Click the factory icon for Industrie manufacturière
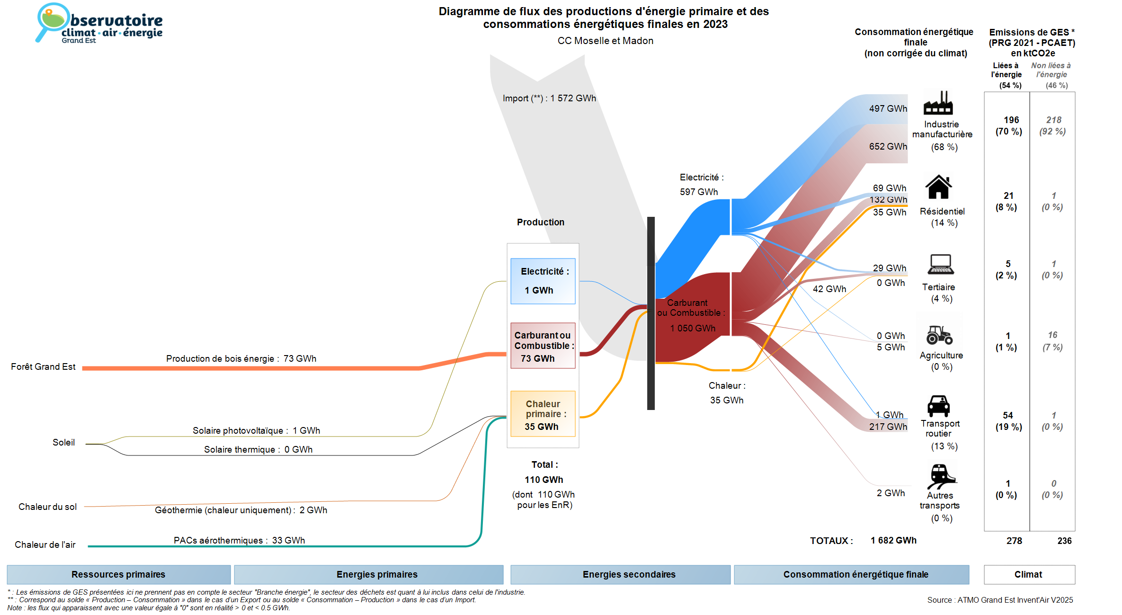point(938,103)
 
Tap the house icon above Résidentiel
point(938,187)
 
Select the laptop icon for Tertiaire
point(941,264)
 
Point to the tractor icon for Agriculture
point(939,335)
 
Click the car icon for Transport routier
point(938,406)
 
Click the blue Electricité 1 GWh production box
point(543,281)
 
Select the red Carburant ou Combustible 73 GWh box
point(543,346)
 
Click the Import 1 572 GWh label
point(549,98)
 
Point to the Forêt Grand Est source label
point(43,367)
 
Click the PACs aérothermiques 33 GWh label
point(239,541)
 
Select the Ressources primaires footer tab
point(118,575)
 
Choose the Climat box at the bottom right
point(1029,575)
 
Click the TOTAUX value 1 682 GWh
point(893,541)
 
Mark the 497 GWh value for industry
point(888,109)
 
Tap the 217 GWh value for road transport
point(888,427)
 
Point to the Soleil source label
point(63,443)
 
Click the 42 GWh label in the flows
point(829,289)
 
